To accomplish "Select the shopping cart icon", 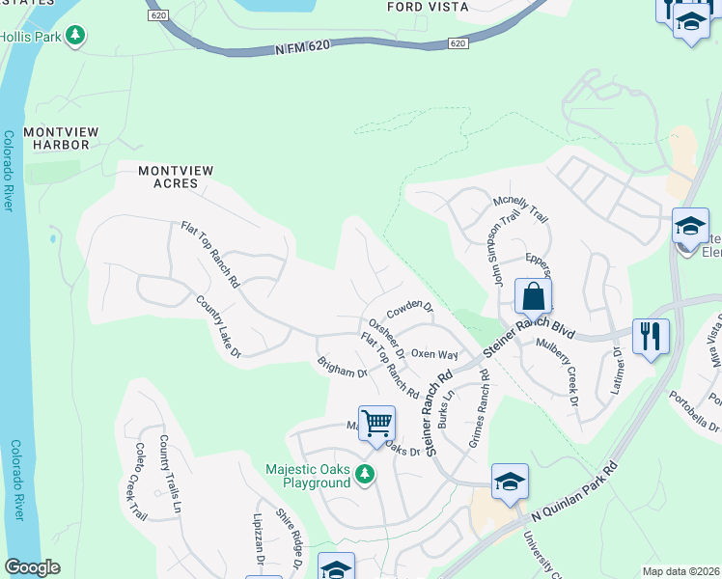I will (376, 422).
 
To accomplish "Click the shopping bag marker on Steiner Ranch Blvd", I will (533, 295).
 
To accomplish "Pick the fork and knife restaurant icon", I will (651, 337).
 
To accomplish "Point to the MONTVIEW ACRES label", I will (175, 177).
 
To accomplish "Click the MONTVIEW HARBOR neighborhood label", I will (56, 138).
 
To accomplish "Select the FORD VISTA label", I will (428, 7).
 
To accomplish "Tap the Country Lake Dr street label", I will (217, 327).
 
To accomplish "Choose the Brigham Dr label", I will (343, 368).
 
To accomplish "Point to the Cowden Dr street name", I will (410, 310).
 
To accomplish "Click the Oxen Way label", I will (434, 355).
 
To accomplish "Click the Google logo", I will (32, 567).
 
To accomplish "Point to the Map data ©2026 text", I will (680, 571).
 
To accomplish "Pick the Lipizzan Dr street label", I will (260, 545).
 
